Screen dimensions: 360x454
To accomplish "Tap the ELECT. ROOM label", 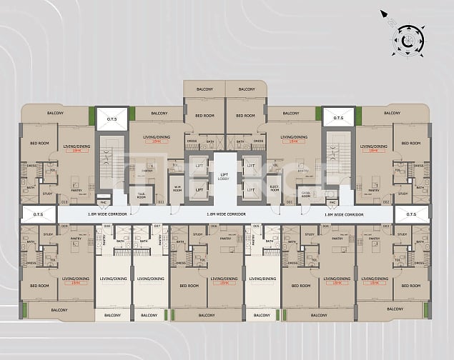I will tap(274, 189).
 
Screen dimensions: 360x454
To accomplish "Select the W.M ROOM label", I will tap(177, 189).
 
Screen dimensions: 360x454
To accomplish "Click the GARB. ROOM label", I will tap(305, 194).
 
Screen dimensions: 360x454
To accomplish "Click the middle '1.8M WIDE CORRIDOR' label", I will tap(226, 214).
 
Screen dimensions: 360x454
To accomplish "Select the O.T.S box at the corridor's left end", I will tap(31, 214).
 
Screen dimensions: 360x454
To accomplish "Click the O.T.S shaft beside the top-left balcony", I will tap(112, 119).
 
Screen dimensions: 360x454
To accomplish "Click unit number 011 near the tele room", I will tap(160, 204).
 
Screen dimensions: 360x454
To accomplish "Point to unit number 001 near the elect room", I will tap(290, 204).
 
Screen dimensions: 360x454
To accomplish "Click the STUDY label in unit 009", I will tap(49, 234).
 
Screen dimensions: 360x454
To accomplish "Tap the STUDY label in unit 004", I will tap(310, 234).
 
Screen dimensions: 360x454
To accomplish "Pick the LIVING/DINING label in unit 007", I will tap(150, 279).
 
